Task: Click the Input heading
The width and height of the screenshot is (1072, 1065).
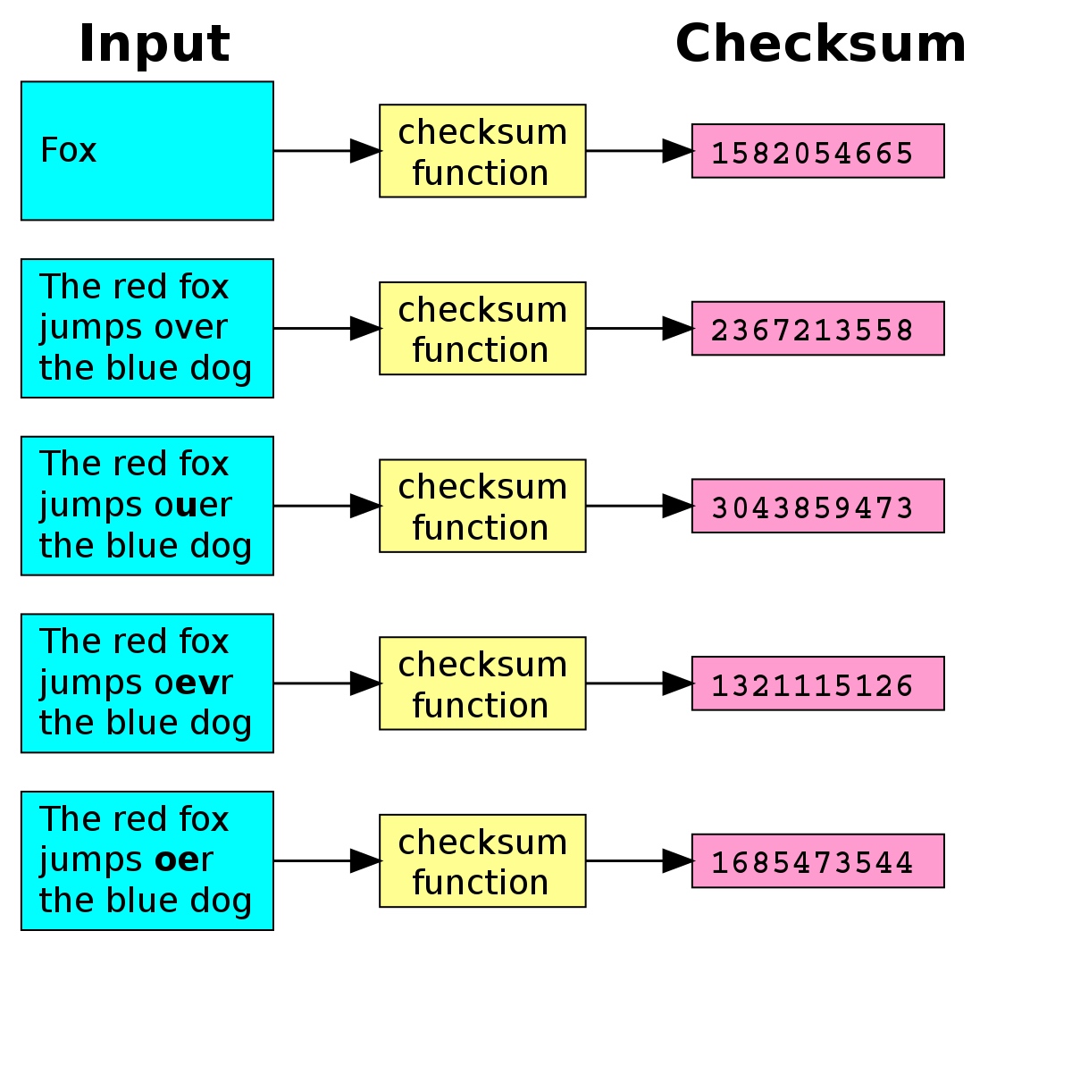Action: pos(154,45)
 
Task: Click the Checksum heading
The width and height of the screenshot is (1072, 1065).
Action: pos(821,44)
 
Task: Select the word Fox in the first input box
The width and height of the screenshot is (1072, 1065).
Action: pos(69,150)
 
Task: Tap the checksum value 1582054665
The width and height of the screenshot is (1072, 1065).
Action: pos(812,153)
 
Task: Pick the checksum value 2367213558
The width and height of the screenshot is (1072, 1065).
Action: pos(812,330)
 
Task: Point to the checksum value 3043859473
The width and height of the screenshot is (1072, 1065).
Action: pos(812,507)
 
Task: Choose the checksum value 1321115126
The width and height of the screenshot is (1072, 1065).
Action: pos(812,685)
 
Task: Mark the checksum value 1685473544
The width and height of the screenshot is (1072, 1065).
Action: pos(812,862)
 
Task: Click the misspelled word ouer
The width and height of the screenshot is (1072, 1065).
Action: pos(193,505)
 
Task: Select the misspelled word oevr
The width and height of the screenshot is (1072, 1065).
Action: pos(193,683)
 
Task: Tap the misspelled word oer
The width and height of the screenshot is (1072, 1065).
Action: pos(184,860)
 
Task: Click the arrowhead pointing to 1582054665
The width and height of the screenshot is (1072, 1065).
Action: pos(677,151)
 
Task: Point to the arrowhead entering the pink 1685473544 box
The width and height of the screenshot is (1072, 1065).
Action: pos(677,860)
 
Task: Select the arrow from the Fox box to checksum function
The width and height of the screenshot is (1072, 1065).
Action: pos(327,151)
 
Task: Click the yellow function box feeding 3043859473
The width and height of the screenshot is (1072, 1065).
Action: pos(482,506)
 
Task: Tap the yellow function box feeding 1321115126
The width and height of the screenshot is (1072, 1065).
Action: pos(482,683)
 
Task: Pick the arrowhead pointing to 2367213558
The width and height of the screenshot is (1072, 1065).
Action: pos(677,328)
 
